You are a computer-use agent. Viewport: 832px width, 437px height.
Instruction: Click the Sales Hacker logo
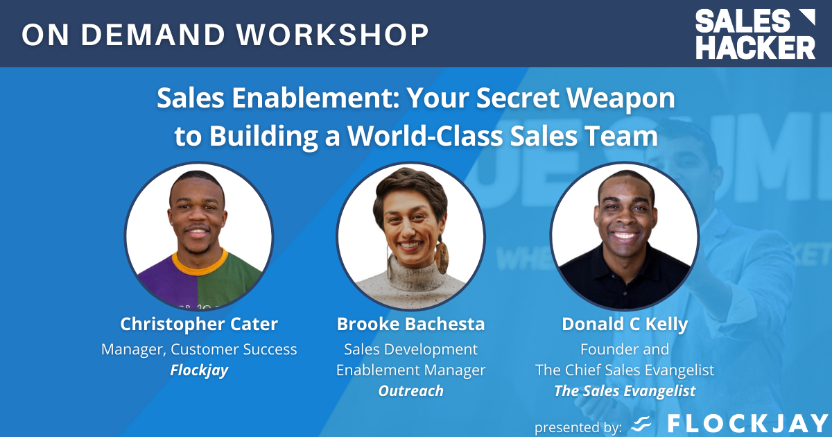pos(756,34)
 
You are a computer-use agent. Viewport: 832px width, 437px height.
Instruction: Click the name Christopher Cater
pos(199,324)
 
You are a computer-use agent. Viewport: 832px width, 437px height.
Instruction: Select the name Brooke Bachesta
pos(410,324)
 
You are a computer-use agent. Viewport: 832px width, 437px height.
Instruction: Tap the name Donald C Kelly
pos(624,324)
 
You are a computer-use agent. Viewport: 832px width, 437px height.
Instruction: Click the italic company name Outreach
pos(410,391)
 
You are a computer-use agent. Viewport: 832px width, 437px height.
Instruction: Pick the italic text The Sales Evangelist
pos(624,391)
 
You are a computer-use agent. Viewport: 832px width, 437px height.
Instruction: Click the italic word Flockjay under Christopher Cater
pos(199,370)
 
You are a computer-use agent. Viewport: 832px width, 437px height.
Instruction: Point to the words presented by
pos(578,425)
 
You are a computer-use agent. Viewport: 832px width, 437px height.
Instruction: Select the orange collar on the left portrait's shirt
pos(200,261)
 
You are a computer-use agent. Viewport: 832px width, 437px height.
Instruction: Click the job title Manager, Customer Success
pos(199,350)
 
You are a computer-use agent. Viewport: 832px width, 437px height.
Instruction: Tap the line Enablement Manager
pos(410,370)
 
